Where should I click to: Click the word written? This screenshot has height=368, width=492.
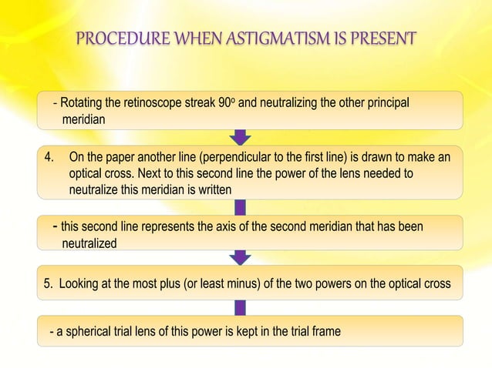click(x=213, y=189)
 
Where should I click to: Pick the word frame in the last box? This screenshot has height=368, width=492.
click(x=324, y=332)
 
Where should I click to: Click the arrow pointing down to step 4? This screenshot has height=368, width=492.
click(x=241, y=137)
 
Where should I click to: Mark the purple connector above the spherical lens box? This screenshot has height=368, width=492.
click(x=241, y=307)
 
